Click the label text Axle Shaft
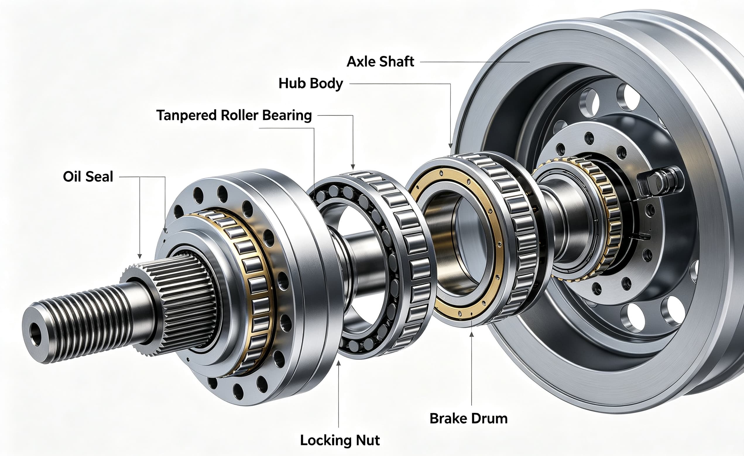tap(380, 61)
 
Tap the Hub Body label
tap(311, 84)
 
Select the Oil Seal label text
tap(88, 177)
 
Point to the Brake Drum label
tap(468, 419)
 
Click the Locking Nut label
tap(340, 440)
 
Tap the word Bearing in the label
tap(287, 116)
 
